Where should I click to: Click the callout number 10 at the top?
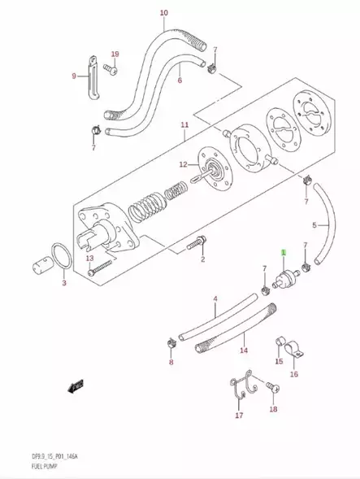pos(163,14)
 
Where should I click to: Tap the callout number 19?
pos(115,54)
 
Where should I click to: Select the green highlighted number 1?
pos(284,253)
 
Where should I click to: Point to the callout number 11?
pos(184,125)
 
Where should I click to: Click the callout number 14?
pos(243,351)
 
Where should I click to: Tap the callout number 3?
pos(64,284)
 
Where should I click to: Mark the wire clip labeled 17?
pos(238,388)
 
